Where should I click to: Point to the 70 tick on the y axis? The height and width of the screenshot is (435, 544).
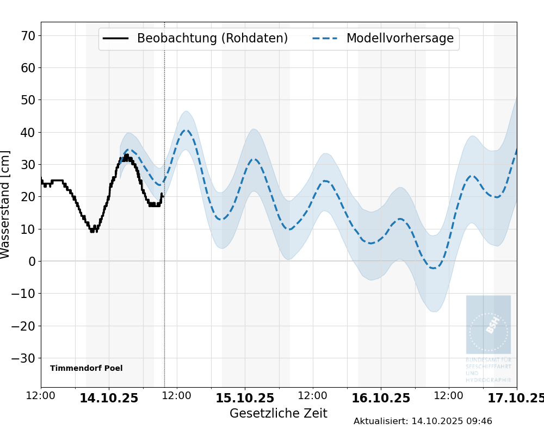click(x=28, y=36)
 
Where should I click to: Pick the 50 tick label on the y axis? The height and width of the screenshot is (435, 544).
click(x=28, y=100)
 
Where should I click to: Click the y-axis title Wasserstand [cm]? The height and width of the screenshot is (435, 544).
click(x=5, y=204)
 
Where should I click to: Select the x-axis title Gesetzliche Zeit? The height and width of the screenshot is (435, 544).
click(x=278, y=413)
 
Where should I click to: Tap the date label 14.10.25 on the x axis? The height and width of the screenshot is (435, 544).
click(x=109, y=398)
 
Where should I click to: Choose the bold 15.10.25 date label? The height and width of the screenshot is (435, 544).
click(x=245, y=398)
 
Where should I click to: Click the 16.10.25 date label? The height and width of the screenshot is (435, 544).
click(x=381, y=398)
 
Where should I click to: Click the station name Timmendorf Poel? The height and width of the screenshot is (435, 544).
click(x=86, y=368)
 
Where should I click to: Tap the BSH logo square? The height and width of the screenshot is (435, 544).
click(x=488, y=325)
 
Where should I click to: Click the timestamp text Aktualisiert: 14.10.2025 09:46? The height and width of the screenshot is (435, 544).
click(x=423, y=421)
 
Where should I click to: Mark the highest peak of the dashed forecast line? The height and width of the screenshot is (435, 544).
click(x=186, y=130)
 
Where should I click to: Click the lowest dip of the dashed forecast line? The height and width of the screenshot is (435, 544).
click(x=433, y=268)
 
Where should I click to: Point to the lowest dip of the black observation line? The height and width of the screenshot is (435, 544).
click(x=92, y=231)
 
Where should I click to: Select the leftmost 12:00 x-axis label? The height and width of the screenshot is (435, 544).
click(x=41, y=396)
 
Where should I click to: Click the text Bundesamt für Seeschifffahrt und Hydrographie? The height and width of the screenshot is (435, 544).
click(x=488, y=370)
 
